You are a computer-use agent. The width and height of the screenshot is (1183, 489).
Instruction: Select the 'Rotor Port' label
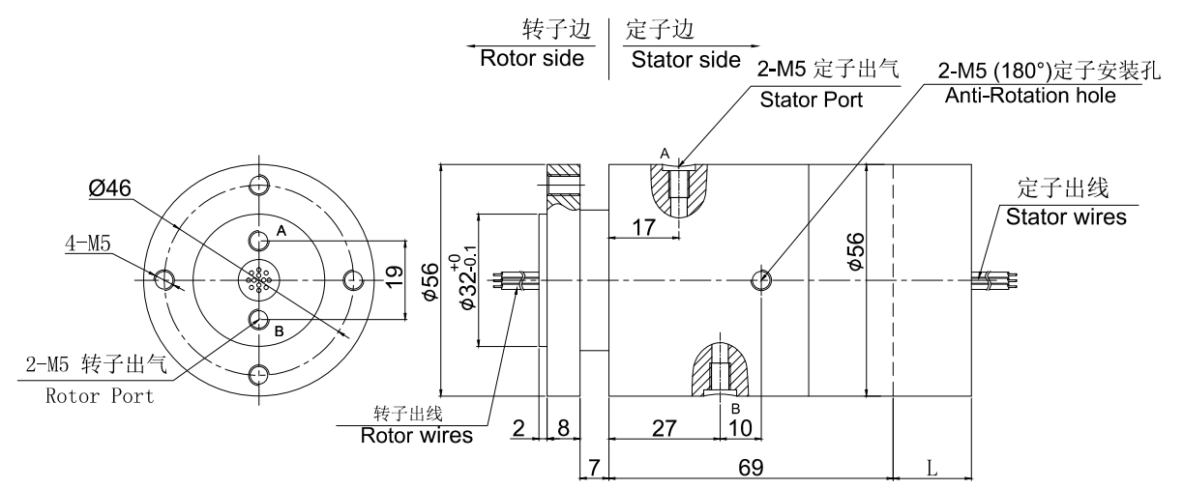point(100,396)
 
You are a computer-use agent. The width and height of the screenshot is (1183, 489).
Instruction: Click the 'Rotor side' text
point(533,59)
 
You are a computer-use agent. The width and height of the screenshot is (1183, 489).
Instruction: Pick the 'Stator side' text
point(685,60)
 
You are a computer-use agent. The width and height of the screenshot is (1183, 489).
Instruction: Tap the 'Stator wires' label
point(1066,217)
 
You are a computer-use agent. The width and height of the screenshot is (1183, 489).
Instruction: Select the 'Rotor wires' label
point(417,435)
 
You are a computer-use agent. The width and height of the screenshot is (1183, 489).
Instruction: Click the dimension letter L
point(931,468)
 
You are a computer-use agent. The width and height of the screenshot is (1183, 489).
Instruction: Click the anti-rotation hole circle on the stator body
point(762,280)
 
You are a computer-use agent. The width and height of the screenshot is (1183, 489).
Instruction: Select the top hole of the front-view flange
point(259,185)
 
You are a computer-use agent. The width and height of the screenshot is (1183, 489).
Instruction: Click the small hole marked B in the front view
point(259,319)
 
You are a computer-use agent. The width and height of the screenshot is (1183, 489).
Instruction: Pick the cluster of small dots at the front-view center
point(258,279)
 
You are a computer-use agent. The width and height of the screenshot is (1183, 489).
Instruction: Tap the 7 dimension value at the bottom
point(593,468)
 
